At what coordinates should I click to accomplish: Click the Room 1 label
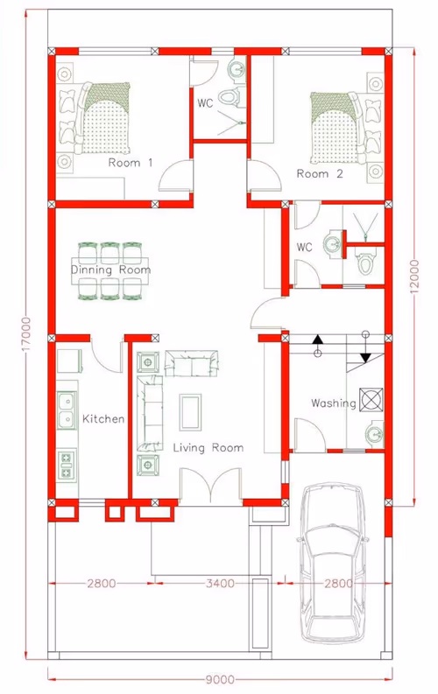click(131, 163)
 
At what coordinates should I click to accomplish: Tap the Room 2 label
click(320, 174)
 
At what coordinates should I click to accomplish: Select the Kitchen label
click(103, 418)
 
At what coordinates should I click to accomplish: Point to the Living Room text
click(208, 448)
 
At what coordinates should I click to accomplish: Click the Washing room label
click(334, 403)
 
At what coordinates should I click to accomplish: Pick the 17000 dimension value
click(27, 334)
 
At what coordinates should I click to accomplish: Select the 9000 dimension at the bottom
click(220, 679)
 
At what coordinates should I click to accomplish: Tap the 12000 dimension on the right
click(414, 277)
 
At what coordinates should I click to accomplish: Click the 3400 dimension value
click(220, 584)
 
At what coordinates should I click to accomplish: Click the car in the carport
click(333, 563)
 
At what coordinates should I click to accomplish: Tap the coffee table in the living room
click(190, 411)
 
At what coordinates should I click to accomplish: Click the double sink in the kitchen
click(67, 410)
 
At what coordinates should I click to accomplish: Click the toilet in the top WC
click(231, 96)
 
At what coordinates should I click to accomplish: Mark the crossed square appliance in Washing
click(371, 400)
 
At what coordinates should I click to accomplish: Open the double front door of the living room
click(211, 486)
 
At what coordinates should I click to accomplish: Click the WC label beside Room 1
click(205, 103)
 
